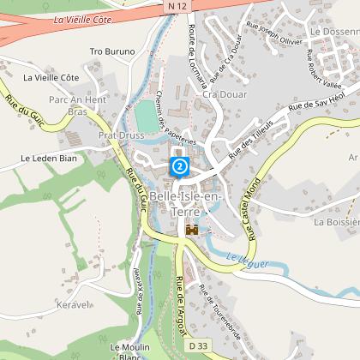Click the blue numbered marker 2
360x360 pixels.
pyautogui.click(x=180, y=165)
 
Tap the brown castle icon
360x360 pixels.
pyautogui.click(x=192, y=230)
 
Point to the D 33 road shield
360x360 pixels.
pyautogui.click(x=199, y=345)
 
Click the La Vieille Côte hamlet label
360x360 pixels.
pyautogui.click(x=51, y=77)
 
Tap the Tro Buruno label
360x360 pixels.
pyautogui.click(x=113, y=51)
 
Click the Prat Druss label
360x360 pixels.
pyautogui.click(x=118, y=135)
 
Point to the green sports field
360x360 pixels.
pyautogui.click(x=147, y=118)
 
